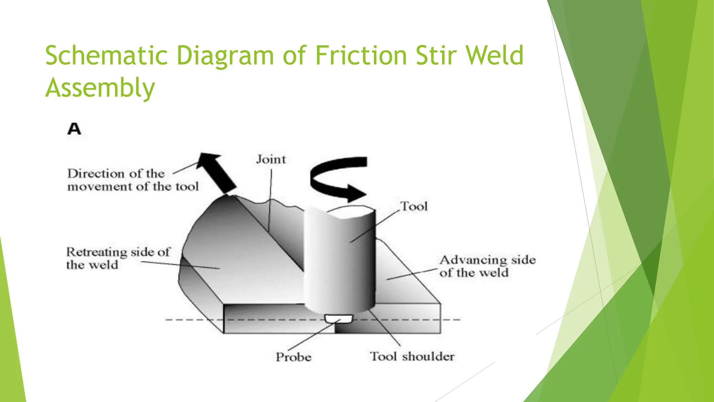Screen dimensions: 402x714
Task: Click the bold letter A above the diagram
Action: tap(74, 129)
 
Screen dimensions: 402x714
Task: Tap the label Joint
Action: tap(271, 159)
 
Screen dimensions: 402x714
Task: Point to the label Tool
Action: tap(414, 206)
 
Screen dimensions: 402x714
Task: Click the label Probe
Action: tap(294, 357)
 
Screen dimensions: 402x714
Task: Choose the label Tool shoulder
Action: tap(412, 356)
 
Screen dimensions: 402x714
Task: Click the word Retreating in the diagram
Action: tap(97, 252)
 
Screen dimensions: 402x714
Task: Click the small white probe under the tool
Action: tap(339, 318)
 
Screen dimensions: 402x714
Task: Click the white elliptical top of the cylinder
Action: tap(352, 211)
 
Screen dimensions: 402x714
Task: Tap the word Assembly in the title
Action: tap(100, 88)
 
